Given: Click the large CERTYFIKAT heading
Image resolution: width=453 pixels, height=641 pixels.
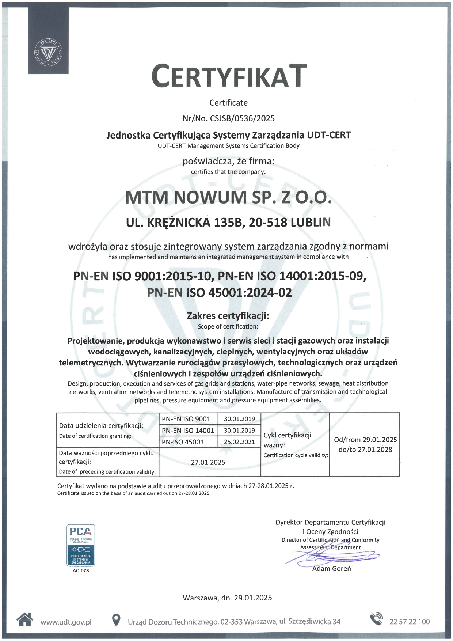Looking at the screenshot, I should coord(229,76).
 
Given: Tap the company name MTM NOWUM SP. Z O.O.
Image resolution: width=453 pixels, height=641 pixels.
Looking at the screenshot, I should coord(229,198).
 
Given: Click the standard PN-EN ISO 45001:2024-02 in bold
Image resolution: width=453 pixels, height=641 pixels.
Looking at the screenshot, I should coord(220,293).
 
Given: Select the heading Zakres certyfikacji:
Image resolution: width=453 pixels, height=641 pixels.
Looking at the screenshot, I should coord(228,316).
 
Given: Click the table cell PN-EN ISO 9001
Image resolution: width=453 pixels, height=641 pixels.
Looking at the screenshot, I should coord(186,419).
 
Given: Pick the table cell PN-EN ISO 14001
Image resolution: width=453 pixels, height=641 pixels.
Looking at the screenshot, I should coord(188,431).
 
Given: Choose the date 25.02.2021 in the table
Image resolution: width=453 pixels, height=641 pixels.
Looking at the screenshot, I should coord(239,442).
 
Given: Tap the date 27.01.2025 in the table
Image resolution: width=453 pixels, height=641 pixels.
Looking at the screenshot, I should coord(208,462).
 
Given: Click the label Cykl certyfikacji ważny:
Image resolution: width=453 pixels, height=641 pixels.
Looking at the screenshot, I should coord(288,440).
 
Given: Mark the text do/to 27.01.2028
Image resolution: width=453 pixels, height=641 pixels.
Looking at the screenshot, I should coord(365,450).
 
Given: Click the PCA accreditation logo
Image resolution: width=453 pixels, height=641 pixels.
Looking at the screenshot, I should coord(81,545).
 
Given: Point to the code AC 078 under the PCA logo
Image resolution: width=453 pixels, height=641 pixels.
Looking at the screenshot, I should coord(81,570).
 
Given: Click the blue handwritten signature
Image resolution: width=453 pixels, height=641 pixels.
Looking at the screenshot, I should coord(329,557).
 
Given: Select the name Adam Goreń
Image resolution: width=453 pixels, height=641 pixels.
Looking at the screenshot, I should coord(331,569).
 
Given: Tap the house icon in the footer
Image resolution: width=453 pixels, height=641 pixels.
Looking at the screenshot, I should coord(25,619).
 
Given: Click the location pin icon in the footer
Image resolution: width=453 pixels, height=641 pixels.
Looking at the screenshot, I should coord(116,620).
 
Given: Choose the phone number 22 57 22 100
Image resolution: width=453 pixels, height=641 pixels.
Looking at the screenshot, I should coord(410,622).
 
